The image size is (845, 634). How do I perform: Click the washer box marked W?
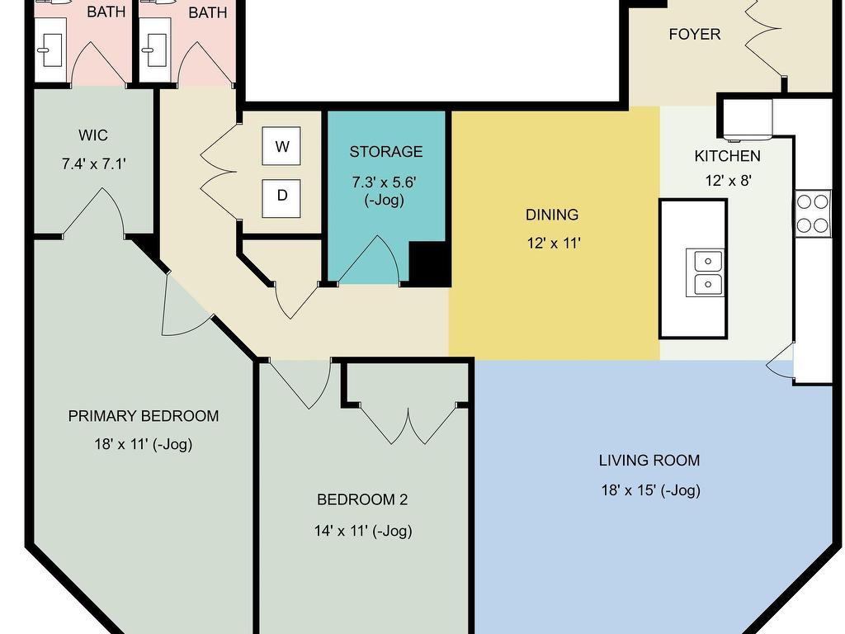pyautogui.click(x=281, y=146)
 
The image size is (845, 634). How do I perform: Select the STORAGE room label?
pyautogui.click(x=386, y=152)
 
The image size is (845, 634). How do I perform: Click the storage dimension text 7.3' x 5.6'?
pyautogui.click(x=385, y=182)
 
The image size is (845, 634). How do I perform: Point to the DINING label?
pyautogui.click(x=552, y=215)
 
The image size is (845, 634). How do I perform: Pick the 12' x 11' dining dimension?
pyautogui.click(x=554, y=244)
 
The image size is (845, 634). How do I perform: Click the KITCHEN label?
pyautogui.click(x=728, y=156)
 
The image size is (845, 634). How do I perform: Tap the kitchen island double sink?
pyautogui.click(x=707, y=272)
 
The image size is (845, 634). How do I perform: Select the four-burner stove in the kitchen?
pyautogui.click(x=813, y=214)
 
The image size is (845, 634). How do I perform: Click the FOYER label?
pyautogui.click(x=695, y=34)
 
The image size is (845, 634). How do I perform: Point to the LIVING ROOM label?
pyautogui.click(x=649, y=461)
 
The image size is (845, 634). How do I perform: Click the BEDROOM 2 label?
pyautogui.click(x=362, y=499)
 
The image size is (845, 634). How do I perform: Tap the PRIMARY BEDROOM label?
pyautogui.click(x=144, y=416)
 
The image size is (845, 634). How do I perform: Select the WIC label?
pyautogui.click(x=92, y=135)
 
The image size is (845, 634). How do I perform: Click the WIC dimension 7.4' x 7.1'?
pyautogui.click(x=94, y=163)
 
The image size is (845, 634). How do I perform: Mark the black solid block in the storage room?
pyautogui.click(x=429, y=263)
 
